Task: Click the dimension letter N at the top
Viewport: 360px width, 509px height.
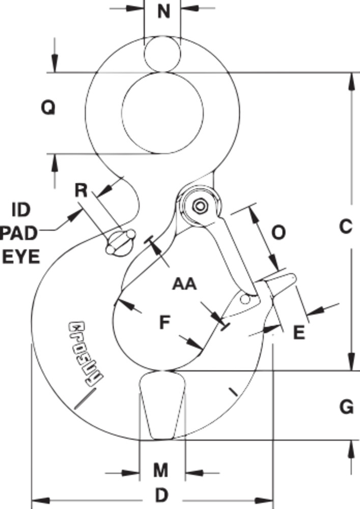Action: tap(163, 11)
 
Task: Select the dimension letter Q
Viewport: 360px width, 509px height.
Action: tap(47, 107)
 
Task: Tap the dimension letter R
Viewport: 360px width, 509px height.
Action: tap(81, 190)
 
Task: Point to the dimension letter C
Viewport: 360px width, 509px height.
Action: tap(345, 226)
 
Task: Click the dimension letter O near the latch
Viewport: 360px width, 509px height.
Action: tap(279, 232)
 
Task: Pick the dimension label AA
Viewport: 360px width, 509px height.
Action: tap(184, 283)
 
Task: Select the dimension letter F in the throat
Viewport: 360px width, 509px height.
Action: tap(163, 322)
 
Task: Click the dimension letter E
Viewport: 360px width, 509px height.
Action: tap(299, 332)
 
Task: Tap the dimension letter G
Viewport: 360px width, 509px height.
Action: tap(346, 407)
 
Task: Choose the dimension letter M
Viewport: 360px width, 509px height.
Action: tap(161, 470)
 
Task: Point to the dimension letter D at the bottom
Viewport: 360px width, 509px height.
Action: tap(161, 495)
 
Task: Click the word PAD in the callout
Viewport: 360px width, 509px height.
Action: tap(19, 233)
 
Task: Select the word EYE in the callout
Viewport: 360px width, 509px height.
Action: tap(21, 257)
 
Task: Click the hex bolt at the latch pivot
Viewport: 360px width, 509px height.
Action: tap(199, 206)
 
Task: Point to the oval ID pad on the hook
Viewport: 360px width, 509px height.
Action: tap(120, 242)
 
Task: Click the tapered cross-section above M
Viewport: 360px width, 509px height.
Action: tap(162, 405)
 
